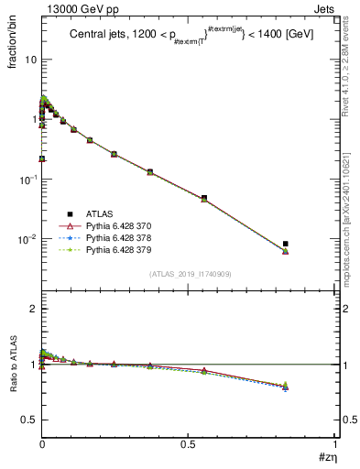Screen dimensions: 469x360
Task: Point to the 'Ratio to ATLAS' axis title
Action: (x=12, y=389)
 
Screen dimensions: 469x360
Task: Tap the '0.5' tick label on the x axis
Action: (x=188, y=443)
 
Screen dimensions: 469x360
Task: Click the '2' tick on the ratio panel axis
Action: (x=34, y=309)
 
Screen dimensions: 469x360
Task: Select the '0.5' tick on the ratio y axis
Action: (x=30, y=420)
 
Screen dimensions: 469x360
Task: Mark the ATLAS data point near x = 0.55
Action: (x=203, y=198)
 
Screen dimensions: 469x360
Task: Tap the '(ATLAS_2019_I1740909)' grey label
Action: (x=190, y=274)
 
